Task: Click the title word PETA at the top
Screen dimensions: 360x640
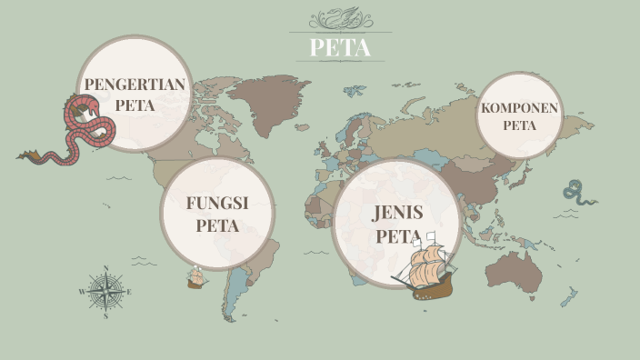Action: tap(341, 47)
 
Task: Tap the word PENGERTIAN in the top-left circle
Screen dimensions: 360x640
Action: tap(135, 85)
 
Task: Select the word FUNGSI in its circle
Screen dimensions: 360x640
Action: tap(217, 203)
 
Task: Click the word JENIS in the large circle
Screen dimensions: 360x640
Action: tap(398, 215)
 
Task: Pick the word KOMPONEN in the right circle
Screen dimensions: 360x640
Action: tap(520, 108)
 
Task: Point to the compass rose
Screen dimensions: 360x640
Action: tap(106, 292)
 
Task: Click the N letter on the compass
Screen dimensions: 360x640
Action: tap(106, 268)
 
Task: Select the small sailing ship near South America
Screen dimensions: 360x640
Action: tap(195, 277)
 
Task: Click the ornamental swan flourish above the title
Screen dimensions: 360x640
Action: tap(340, 19)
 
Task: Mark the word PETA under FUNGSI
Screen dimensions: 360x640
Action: tap(217, 225)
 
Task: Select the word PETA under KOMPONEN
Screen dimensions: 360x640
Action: tap(520, 125)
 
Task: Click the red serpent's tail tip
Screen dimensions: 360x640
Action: tap(20, 156)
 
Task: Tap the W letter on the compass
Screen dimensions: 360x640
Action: tap(84, 292)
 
